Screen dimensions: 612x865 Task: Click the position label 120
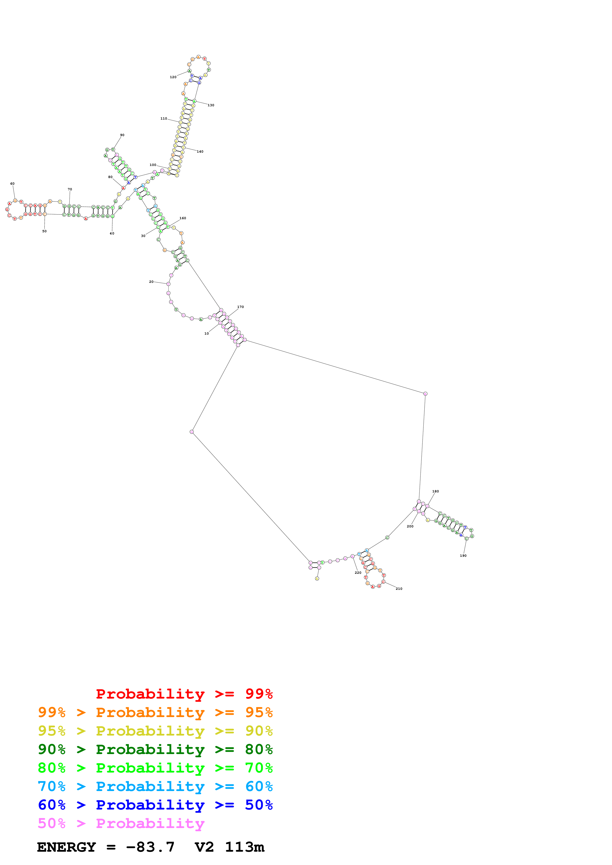(173, 77)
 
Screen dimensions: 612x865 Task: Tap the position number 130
(211, 106)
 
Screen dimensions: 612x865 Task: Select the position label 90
(122, 135)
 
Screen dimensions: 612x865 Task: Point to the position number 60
(12, 184)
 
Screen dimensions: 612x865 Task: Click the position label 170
(240, 307)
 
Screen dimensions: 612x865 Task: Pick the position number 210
(399, 589)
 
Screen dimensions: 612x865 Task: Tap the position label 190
(463, 556)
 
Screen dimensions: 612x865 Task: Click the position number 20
(151, 282)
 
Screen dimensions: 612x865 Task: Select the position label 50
(44, 231)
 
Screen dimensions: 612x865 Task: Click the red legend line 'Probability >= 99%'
(184, 694)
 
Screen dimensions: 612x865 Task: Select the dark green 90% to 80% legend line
(155, 749)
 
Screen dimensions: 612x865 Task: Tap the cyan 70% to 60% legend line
(155, 786)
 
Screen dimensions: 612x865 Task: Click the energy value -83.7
(150, 847)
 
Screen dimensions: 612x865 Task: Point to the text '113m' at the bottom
(244, 847)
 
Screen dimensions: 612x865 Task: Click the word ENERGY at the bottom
(66, 847)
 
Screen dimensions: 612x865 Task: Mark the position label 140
(200, 152)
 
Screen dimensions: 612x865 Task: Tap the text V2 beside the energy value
(204, 847)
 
